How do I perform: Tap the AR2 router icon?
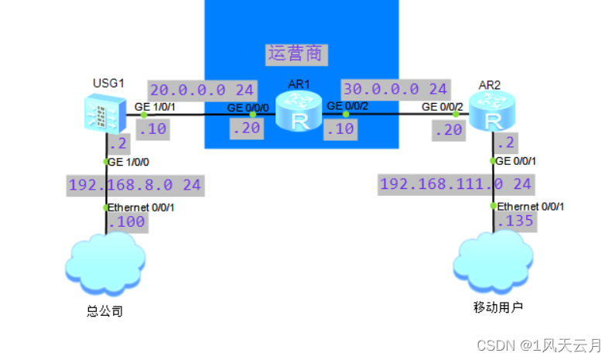(x=492, y=111)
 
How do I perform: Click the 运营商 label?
(x=296, y=53)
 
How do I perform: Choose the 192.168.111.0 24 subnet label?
(x=456, y=183)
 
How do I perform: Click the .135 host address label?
(x=515, y=222)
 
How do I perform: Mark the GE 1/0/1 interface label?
(x=156, y=107)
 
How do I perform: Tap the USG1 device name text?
(x=104, y=82)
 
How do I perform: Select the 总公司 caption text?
(x=104, y=312)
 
